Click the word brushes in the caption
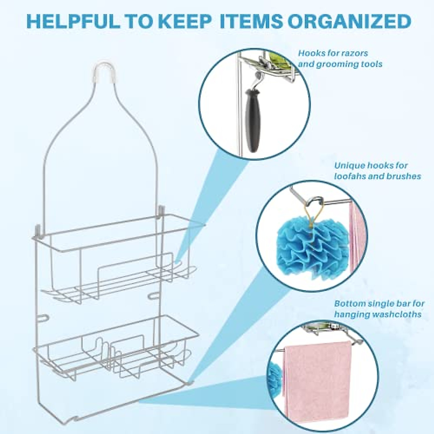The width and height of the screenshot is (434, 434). click(405, 176)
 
